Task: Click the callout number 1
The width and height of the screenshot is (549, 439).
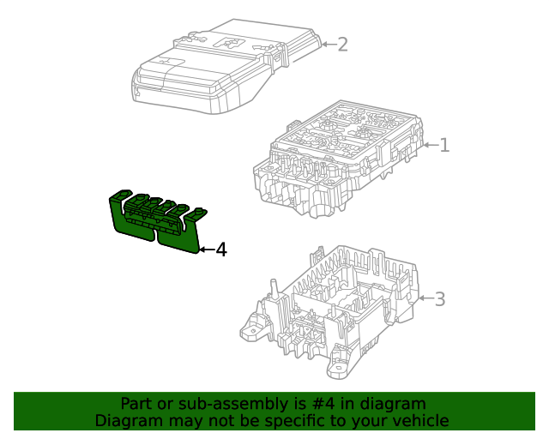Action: [444, 145]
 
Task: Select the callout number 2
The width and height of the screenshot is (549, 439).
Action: [342, 44]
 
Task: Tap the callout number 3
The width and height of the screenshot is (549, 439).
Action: [439, 299]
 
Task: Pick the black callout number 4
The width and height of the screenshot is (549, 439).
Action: [220, 250]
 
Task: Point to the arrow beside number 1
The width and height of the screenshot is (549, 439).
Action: [431, 145]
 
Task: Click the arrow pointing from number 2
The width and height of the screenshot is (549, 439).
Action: [328, 44]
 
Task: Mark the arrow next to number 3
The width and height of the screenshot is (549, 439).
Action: [425, 299]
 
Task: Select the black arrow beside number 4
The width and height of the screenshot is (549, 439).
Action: [206, 250]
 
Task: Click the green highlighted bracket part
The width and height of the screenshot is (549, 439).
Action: [154, 221]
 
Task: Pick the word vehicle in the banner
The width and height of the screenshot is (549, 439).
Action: [420, 420]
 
